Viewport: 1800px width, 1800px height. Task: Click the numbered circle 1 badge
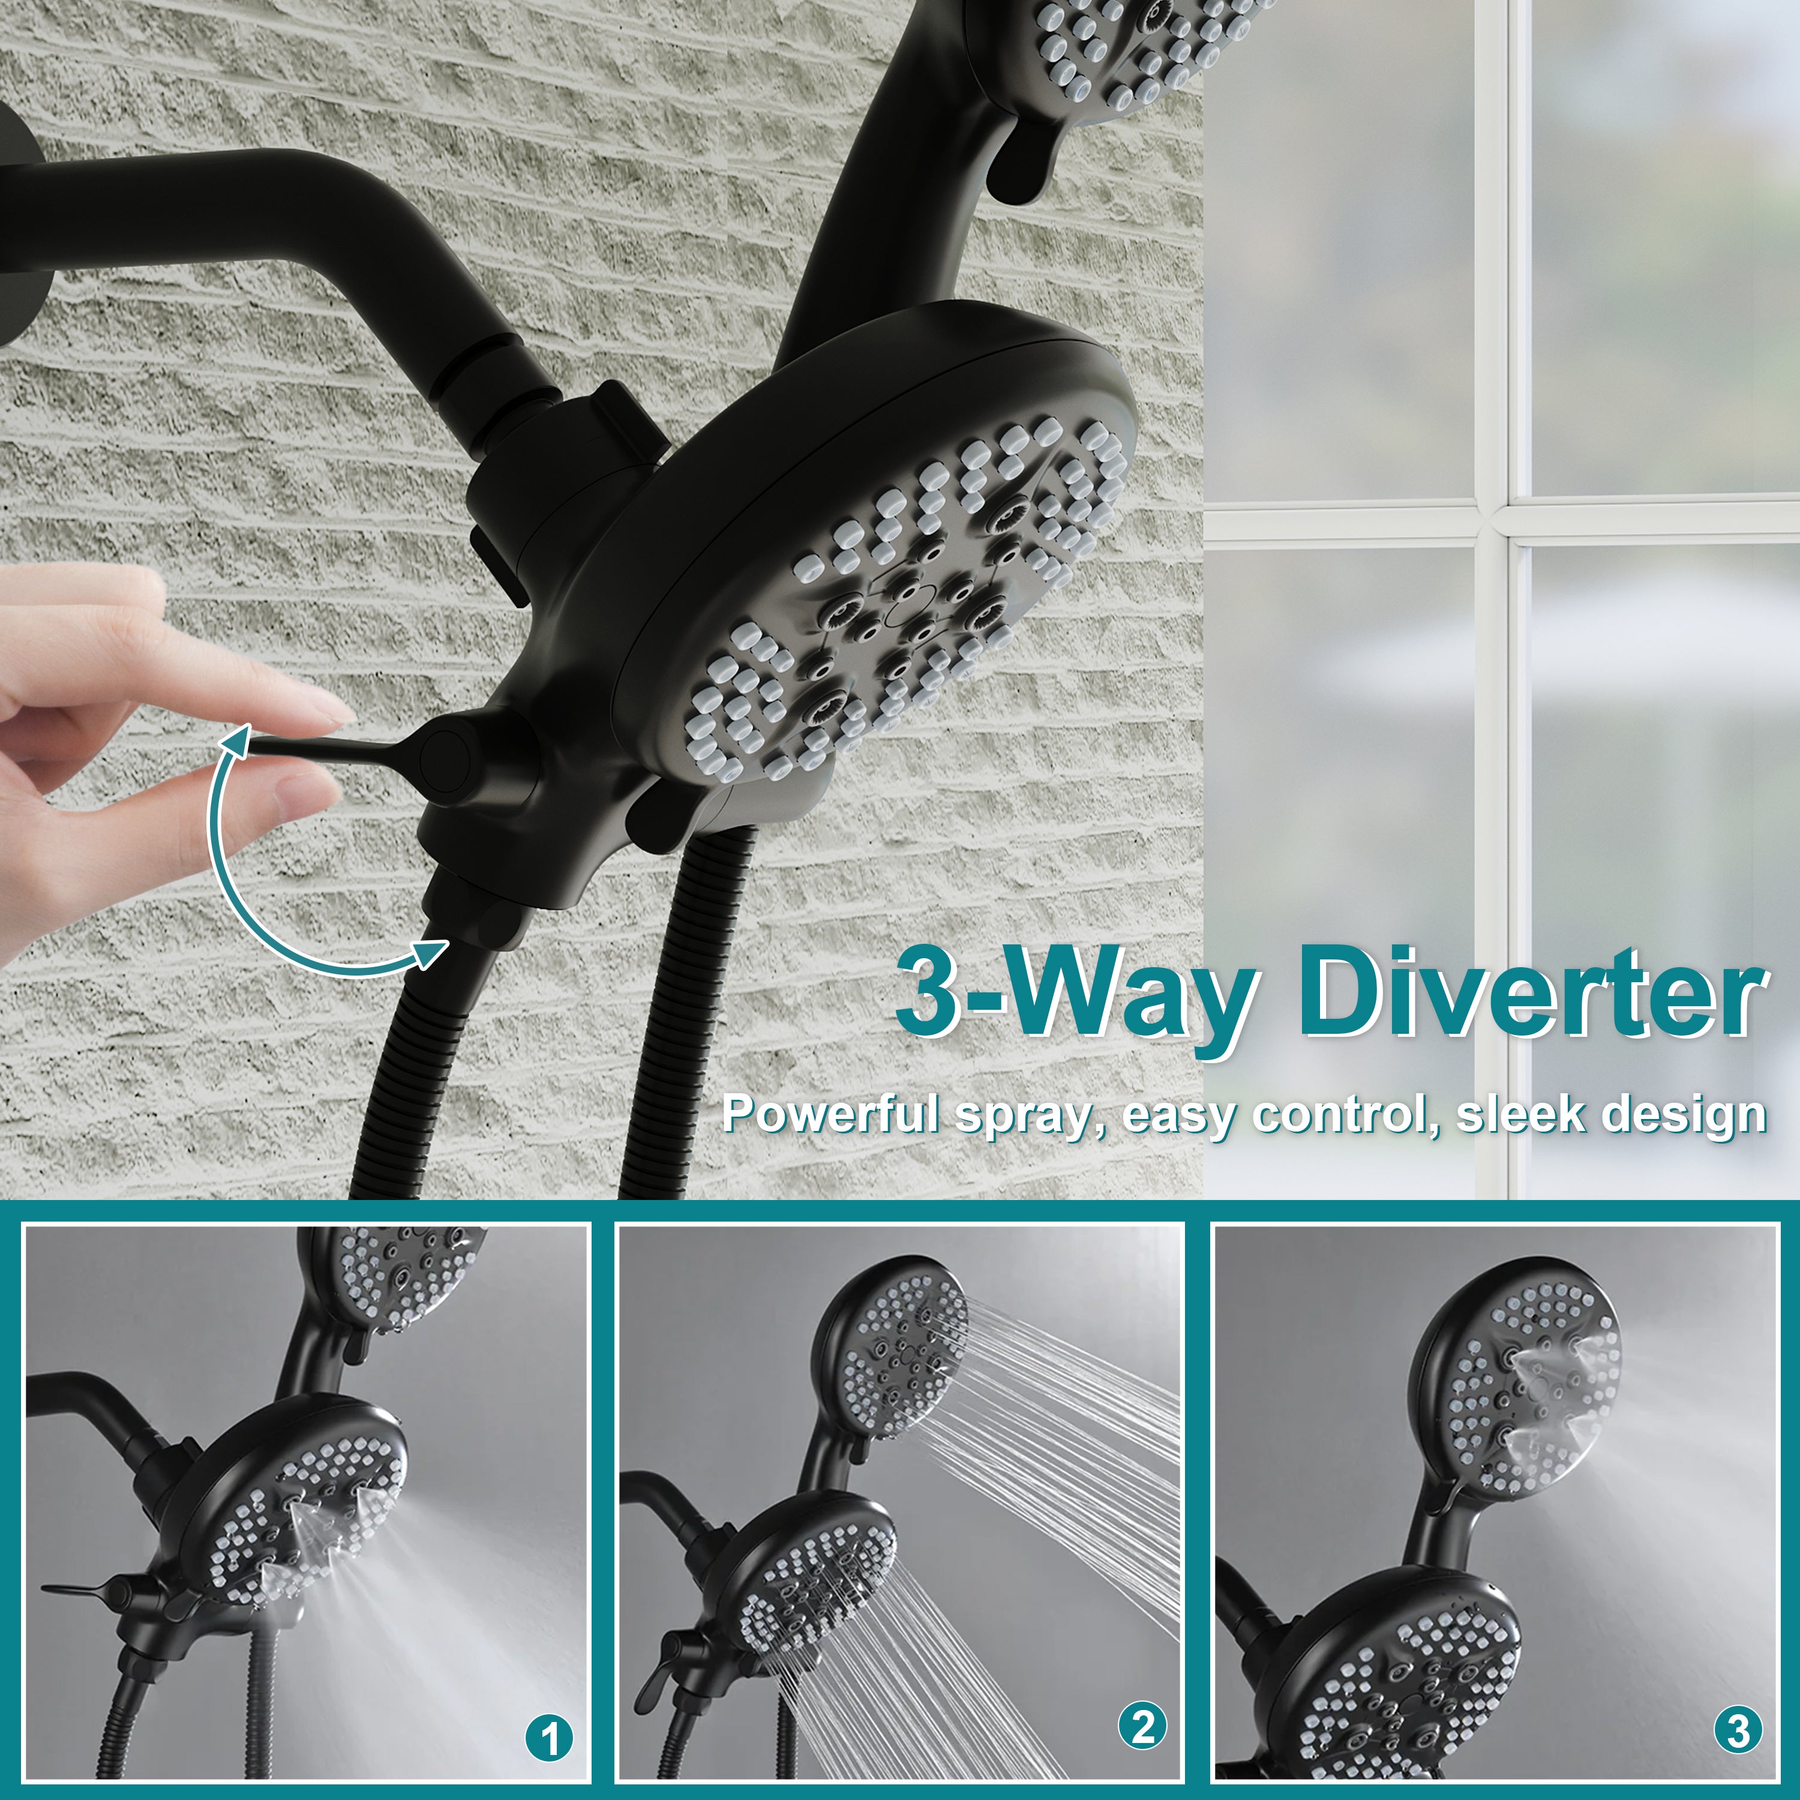pyautogui.click(x=550, y=1739)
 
